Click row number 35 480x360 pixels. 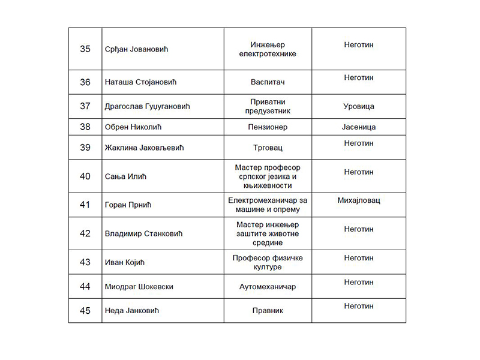point(85,49)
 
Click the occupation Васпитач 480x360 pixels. point(268,82)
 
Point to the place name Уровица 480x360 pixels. point(359,106)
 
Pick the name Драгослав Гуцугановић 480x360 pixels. point(147,106)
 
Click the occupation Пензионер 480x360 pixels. point(268,127)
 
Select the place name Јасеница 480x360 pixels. point(359,127)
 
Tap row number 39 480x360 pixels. point(85,148)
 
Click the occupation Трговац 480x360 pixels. point(268,148)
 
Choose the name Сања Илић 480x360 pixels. point(126,176)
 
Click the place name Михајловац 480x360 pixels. point(359,200)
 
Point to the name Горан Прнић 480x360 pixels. point(128,205)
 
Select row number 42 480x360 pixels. point(85,233)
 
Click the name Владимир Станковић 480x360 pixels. point(143,233)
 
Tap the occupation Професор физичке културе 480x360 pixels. point(268,262)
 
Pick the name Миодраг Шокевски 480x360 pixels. point(139,287)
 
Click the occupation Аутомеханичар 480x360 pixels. point(268,287)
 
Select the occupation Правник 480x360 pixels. point(268,311)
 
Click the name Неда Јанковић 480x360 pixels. point(132,311)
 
